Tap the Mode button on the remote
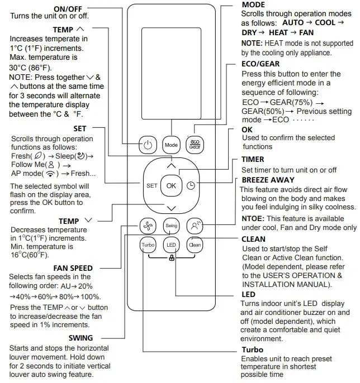[x=171, y=145]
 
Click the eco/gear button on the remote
[x=195, y=145]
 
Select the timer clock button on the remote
[x=191, y=186]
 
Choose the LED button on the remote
[x=171, y=245]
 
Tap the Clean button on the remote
[x=195, y=245]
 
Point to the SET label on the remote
[x=151, y=186]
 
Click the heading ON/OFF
[x=69, y=9]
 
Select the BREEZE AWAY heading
[x=268, y=180]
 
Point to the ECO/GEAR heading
[x=260, y=64]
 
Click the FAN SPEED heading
[x=73, y=268]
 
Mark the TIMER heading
[x=253, y=160]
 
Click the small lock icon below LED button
[x=171, y=258]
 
